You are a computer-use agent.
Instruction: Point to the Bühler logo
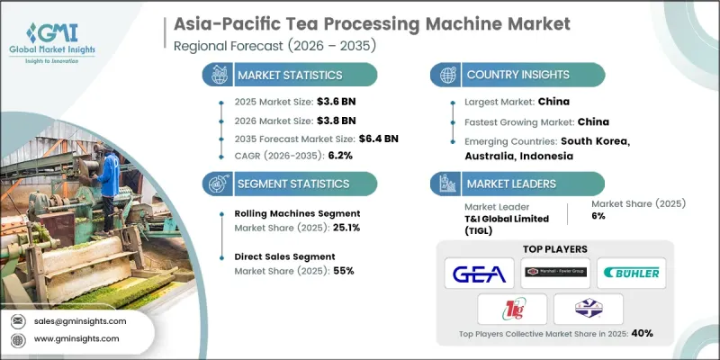632,273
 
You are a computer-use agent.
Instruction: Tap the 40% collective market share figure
642,334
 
